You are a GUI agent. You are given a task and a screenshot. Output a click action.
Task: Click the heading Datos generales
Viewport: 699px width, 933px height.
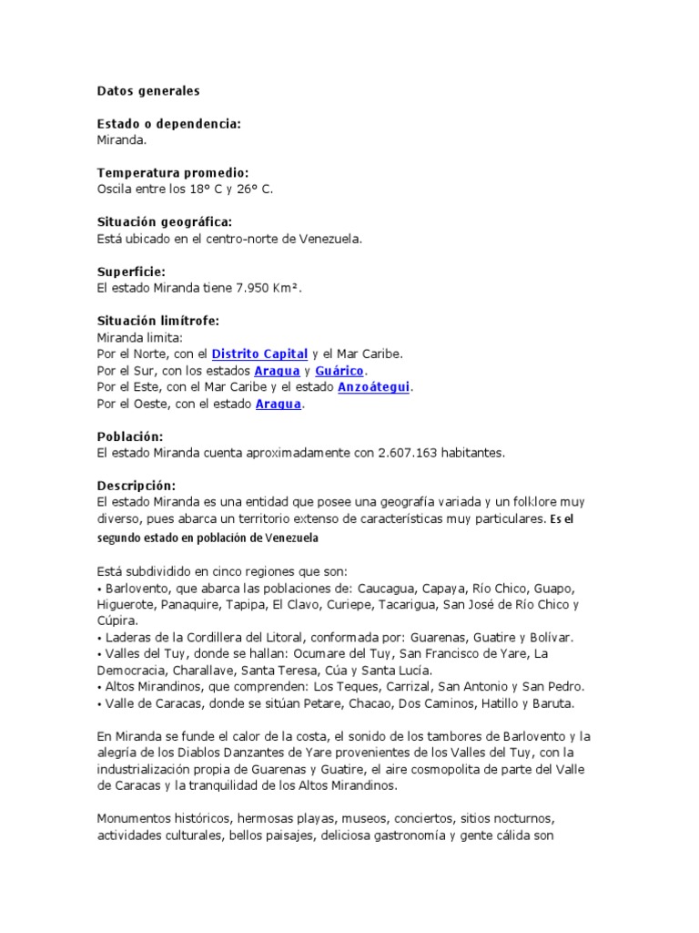(148, 91)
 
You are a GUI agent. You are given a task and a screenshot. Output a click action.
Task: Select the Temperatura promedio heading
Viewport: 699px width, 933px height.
(172, 173)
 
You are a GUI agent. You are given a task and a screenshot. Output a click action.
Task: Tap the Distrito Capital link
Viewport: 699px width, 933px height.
(259, 354)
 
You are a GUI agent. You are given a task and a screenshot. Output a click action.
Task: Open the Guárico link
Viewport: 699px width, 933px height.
(339, 371)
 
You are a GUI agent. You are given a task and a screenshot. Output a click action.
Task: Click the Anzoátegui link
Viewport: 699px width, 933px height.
(374, 387)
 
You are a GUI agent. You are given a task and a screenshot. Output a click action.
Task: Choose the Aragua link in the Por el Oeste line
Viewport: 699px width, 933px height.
(278, 404)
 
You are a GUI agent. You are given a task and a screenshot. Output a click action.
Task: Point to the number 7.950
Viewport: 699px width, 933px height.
(253, 288)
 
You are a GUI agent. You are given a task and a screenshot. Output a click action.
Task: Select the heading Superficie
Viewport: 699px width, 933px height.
(131, 272)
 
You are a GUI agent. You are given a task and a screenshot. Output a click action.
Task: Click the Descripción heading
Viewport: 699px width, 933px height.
(137, 486)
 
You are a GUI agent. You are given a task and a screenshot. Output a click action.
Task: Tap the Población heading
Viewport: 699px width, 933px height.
(130, 436)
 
